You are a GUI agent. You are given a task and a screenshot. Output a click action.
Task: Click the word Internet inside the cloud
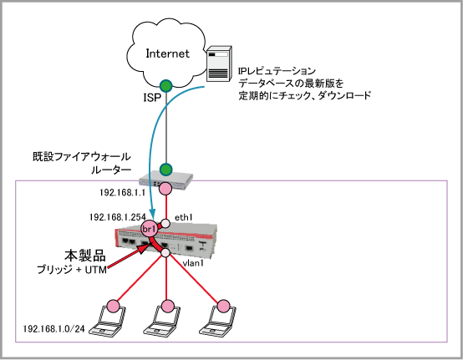click(x=167, y=53)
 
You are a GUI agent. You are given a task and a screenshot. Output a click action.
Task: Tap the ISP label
click(x=152, y=98)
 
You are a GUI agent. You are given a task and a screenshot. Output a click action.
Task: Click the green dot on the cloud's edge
click(x=166, y=86)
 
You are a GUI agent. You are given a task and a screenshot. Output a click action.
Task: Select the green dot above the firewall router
click(x=166, y=170)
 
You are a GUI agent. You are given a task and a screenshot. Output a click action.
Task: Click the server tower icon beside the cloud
click(x=218, y=63)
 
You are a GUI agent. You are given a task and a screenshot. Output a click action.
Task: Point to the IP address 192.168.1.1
click(x=123, y=193)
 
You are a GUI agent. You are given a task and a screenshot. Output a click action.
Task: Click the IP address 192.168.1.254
click(x=118, y=217)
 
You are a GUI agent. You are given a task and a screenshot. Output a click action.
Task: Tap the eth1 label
click(x=184, y=217)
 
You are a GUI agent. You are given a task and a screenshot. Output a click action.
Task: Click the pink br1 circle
click(x=149, y=228)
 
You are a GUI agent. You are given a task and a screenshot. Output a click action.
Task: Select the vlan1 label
click(x=193, y=262)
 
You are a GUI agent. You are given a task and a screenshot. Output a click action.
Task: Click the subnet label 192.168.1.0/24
click(x=54, y=328)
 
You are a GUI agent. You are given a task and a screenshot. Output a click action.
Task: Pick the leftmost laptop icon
click(x=108, y=321)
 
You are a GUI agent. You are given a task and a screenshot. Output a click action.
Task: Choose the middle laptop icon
click(x=162, y=321)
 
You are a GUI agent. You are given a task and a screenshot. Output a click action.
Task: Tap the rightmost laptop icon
click(x=217, y=321)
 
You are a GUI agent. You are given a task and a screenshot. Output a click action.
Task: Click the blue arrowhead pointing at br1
click(x=152, y=212)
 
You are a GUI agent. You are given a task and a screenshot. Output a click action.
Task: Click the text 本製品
click(x=85, y=256)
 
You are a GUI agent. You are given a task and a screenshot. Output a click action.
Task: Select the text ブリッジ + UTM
click(x=72, y=270)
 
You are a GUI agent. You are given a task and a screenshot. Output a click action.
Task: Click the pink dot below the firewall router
click(x=165, y=188)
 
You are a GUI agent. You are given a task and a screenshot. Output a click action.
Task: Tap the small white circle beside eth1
click(x=165, y=223)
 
